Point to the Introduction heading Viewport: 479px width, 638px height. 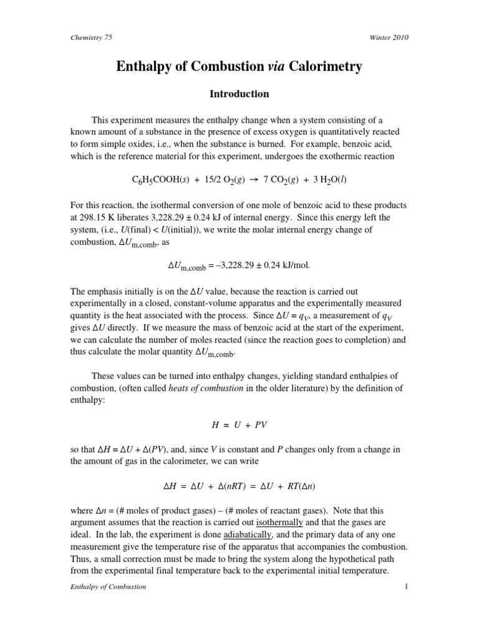239,94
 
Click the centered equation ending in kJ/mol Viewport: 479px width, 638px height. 239,266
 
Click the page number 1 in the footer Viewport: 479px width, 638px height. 405,586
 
